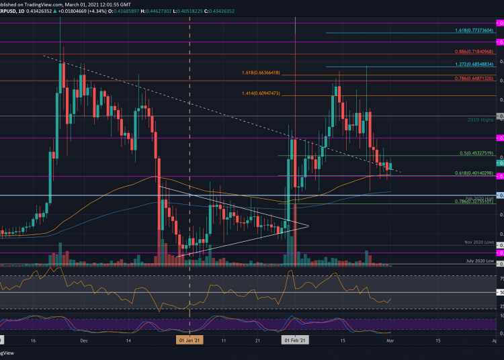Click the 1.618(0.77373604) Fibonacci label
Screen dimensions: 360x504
(x=474, y=31)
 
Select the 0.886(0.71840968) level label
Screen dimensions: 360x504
(x=474, y=51)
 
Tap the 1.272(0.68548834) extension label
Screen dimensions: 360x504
(x=474, y=64)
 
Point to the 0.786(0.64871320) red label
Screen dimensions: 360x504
(x=474, y=78)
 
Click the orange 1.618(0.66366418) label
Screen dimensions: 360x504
(x=266, y=72)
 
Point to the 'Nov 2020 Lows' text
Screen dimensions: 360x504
(x=479, y=242)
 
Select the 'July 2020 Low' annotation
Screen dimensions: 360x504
(x=480, y=259)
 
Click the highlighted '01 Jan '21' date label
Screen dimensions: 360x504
(x=190, y=341)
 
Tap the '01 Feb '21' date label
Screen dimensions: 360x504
(x=296, y=341)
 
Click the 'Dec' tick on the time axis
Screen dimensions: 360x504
(x=83, y=341)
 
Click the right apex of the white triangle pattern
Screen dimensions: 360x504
(x=307, y=226)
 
